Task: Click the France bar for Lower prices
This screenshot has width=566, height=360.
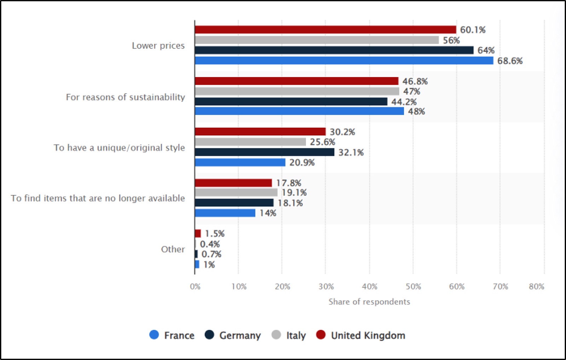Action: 344,60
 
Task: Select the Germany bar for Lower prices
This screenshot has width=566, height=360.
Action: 334,50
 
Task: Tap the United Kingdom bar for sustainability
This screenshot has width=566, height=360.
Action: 296,81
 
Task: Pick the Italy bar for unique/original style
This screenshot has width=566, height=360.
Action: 250,142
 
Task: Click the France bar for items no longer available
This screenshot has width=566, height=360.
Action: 225,213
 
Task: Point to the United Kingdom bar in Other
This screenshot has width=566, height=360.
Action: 198,233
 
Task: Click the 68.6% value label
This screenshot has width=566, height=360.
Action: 510,61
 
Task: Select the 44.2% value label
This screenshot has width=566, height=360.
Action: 404,102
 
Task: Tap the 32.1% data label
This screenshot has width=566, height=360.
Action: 351,152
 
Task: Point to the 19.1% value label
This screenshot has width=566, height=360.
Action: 294,193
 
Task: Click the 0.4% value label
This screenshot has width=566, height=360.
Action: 210,244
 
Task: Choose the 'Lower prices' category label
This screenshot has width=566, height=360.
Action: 158,46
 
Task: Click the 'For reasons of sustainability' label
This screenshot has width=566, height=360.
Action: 125,97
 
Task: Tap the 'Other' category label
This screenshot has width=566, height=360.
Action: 173,249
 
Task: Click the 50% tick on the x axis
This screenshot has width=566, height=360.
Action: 414,287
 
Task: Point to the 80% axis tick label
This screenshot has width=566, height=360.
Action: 537,287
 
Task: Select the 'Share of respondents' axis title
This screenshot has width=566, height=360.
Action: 369,302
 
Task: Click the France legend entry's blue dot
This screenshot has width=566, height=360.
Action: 154,335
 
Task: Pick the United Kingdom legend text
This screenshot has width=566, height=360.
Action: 368,336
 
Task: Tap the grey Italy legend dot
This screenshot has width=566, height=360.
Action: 276,335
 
